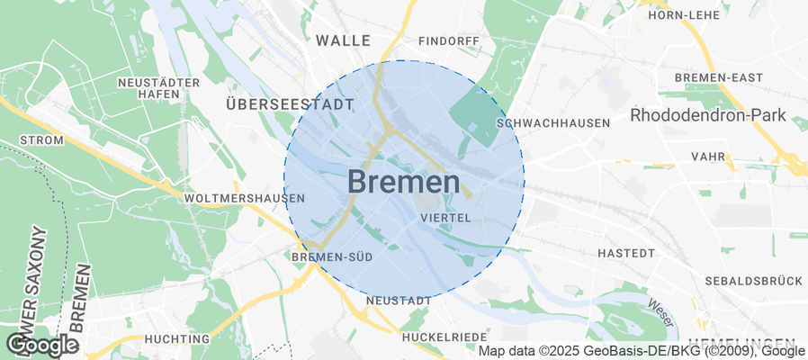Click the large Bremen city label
coord(403,183)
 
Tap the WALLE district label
coord(343,40)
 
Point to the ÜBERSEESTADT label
coord(289,104)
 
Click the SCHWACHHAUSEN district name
coord(553,122)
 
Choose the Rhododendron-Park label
coord(708,115)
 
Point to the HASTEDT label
coord(624,254)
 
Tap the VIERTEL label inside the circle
coord(445,217)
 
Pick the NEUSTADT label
coord(394,300)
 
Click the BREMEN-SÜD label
coord(332,257)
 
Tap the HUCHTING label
coord(176,339)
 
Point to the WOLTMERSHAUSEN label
coord(243,198)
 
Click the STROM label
coord(41,140)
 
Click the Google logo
coord(42,344)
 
